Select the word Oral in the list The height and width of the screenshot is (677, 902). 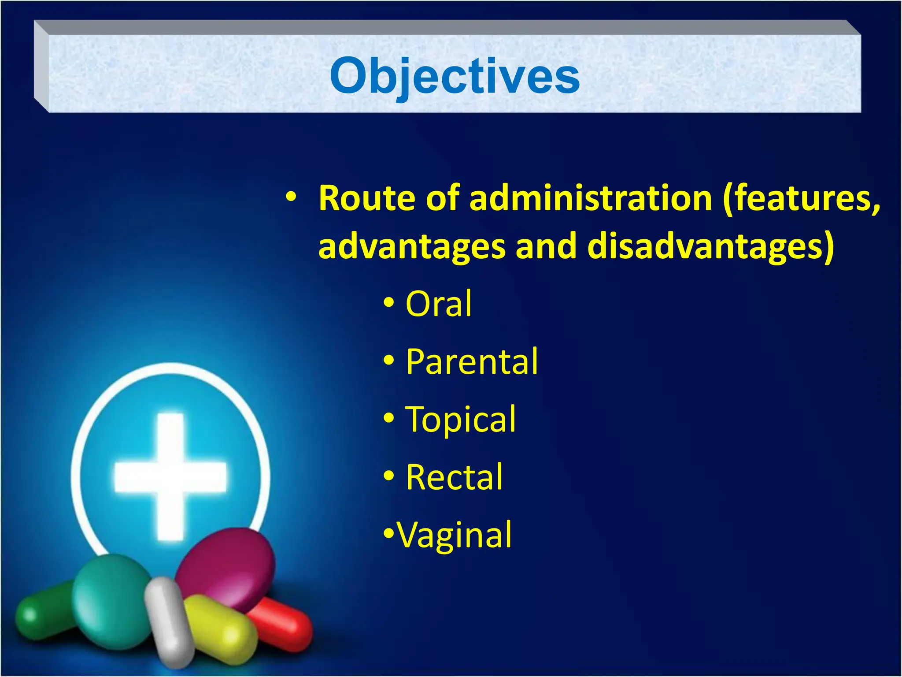[x=438, y=304]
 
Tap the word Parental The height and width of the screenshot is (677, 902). [x=471, y=361]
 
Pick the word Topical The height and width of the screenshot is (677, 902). [x=460, y=419]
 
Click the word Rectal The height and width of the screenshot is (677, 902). [x=454, y=477]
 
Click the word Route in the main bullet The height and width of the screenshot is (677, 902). [x=367, y=198]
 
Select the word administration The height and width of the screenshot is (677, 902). [x=590, y=198]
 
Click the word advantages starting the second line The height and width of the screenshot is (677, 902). [x=411, y=247]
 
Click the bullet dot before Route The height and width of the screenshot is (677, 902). [x=291, y=197]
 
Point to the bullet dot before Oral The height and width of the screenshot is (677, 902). [x=388, y=303]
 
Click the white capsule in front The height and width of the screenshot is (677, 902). [x=170, y=621]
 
